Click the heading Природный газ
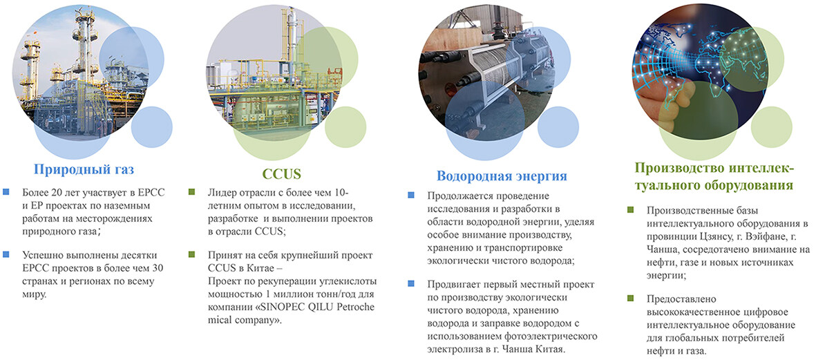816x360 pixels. click(x=81, y=169)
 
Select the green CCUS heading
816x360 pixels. click(x=282, y=173)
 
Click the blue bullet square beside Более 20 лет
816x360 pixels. click(x=6, y=192)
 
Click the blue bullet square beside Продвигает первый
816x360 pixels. click(x=411, y=284)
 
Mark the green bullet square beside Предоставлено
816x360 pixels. click(x=631, y=299)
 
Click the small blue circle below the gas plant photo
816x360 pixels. click(x=151, y=127)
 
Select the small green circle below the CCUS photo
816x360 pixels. click(x=345, y=127)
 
